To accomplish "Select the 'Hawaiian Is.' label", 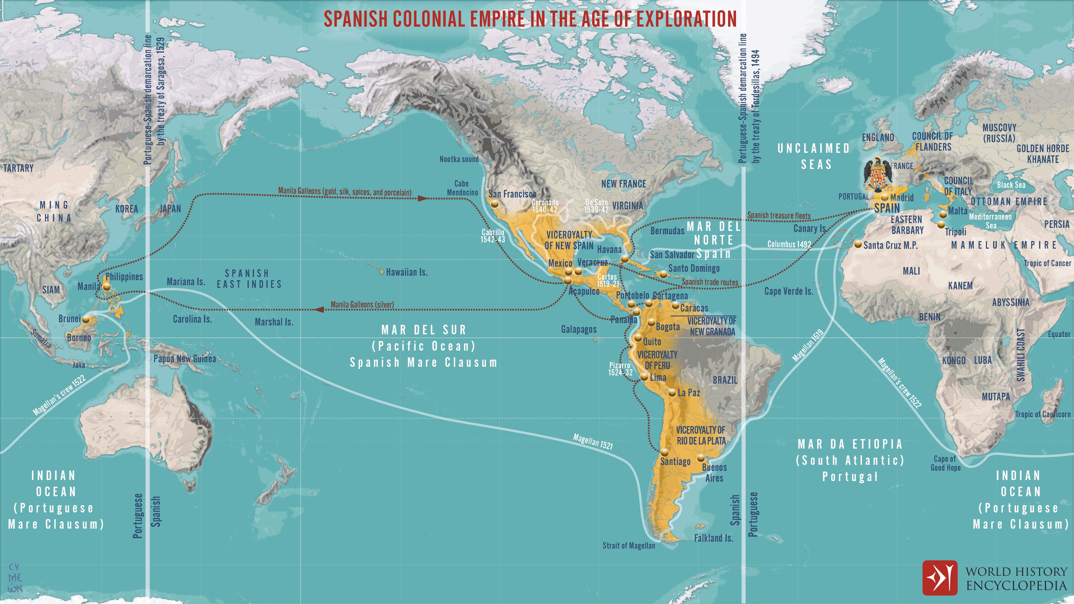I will [406, 272].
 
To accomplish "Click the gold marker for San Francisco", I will [495, 204].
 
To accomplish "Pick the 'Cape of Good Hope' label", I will [945, 463].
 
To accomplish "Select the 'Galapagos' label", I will [579, 329].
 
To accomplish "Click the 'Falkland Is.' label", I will [713, 538].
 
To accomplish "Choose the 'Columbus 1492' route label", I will [789, 244].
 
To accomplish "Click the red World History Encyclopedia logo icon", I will [940, 578].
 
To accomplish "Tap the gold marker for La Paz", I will [672, 393].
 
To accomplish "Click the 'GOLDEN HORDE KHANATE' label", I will [1042, 154].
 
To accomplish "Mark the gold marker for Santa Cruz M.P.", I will [858, 245].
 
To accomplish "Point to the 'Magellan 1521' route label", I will [592, 441].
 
